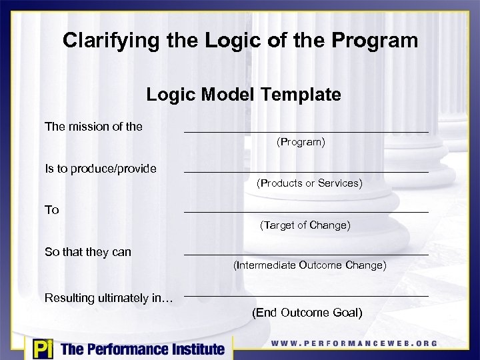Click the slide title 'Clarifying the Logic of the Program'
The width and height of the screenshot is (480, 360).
(240, 41)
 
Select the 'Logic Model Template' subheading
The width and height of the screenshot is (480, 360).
(243, 95)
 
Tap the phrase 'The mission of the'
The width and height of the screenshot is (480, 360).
(93, 126)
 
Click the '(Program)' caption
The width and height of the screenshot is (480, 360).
(301, 142)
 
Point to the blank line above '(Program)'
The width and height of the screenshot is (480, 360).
(306, 132)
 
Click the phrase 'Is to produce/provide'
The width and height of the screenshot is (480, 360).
(101, 169)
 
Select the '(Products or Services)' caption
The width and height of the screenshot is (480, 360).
(309, 183)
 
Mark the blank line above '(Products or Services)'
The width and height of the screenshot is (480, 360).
(306, 173)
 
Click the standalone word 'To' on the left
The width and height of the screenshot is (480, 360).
(52, 210)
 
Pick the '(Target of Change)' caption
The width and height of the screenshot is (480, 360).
(305, 225)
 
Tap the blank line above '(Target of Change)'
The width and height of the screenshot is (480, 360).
(306, 213)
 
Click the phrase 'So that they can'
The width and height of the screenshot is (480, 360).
(88, 252)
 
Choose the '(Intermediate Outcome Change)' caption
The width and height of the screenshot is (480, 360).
(309, 265)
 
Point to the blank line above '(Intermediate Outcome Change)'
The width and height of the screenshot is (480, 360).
(306, 255)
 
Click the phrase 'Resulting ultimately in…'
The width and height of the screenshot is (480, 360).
(109, 298)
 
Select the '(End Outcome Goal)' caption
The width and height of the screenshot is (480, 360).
(307, 313)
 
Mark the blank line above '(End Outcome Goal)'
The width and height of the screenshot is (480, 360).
(306, 296)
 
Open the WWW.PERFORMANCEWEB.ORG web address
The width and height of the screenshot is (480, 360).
(354, 344)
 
